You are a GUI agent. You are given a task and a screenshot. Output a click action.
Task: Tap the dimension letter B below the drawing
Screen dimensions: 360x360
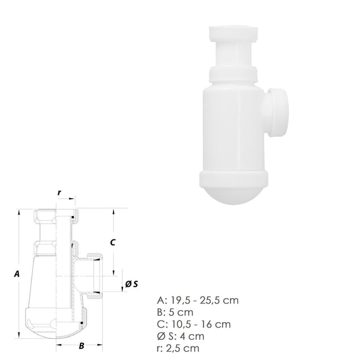pos(81,346)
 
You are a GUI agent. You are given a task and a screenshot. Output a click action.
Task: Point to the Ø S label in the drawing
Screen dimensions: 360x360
pos(132,284)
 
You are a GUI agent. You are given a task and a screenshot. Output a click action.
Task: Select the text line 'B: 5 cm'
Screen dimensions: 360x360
pos(176,312)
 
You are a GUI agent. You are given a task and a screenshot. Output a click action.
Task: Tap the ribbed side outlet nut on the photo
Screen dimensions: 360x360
pos(279,112)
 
